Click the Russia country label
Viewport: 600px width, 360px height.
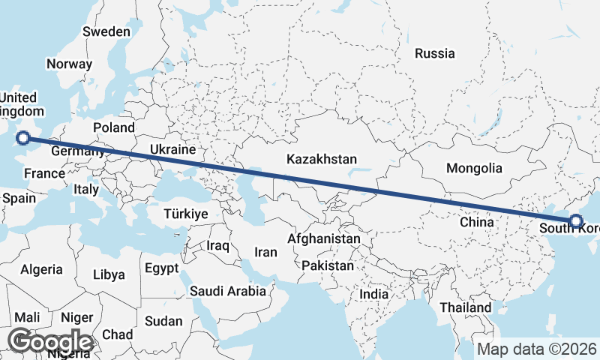(435, 53)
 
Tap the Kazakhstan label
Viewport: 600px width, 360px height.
(322, 159)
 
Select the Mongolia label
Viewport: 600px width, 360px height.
(474, 168)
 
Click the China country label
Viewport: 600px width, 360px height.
(476, 222)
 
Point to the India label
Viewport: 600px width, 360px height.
(373, 295)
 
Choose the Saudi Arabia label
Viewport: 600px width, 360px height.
(228, 291)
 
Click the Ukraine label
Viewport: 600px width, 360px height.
(172, 150)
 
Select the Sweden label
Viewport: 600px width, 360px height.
(106, 31)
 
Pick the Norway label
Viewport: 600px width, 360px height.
(69, 64)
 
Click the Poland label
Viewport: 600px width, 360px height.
(113, 127)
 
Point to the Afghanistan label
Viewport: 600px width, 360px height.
(324, 238)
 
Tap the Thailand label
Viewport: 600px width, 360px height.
(465, 307)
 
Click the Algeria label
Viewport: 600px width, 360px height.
(41, 268)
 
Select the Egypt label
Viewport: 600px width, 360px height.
(161, 268)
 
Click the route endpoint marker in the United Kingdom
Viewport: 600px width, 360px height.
(23, 137)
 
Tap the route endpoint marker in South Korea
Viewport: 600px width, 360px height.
(576, 220)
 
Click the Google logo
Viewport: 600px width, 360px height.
(50, 342)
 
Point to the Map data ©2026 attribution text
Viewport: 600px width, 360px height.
(536, 349)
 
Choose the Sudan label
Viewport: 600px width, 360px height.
(163, 321)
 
